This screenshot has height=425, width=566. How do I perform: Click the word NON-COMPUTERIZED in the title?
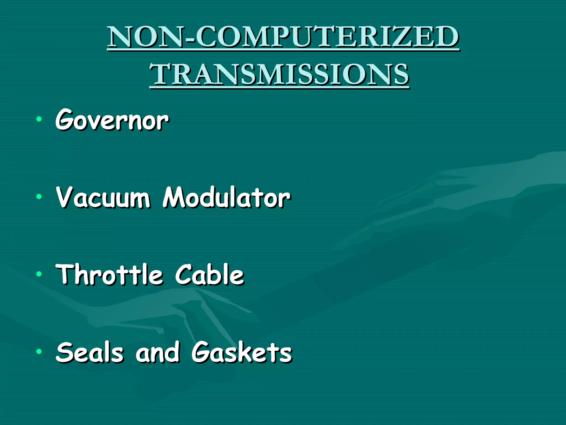283,37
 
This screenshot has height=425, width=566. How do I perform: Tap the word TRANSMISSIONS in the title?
279,74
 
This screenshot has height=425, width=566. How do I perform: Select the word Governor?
112,120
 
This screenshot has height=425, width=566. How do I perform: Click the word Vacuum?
103,197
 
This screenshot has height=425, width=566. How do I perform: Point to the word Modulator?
226,197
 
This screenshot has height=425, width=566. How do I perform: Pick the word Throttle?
109,274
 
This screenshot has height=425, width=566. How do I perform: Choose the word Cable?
209,274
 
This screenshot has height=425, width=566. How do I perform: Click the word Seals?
89,352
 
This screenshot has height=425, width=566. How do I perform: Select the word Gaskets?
242,352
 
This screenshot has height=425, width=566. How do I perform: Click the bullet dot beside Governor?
39,119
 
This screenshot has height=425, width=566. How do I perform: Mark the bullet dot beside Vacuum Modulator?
39,197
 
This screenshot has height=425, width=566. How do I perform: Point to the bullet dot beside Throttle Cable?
39,274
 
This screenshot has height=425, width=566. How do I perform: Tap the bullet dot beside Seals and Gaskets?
39,352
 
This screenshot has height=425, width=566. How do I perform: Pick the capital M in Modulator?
174,197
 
